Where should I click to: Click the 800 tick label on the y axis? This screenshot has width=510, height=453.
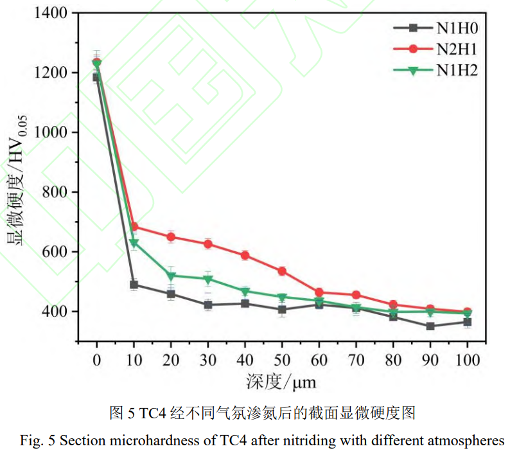coord(57,192)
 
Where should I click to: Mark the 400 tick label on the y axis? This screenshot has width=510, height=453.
coord(57,312)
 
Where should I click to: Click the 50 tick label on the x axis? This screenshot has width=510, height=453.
coord(281,360)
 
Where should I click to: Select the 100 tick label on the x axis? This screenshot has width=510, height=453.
coord(467,360)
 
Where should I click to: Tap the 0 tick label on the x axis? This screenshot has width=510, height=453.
coord(97,360)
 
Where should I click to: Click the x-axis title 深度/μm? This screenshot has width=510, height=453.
coord(281,383)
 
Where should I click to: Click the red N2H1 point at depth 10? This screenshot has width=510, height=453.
coord(134,227)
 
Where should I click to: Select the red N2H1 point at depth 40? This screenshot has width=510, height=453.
coord(245,255)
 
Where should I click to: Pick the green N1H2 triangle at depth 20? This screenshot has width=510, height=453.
coord(171,276)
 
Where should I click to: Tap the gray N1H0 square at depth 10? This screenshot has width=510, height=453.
coord(134,285)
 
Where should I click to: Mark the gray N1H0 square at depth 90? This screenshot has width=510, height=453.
coord(430,326)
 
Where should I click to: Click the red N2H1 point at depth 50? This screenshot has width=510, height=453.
coord(282,271)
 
